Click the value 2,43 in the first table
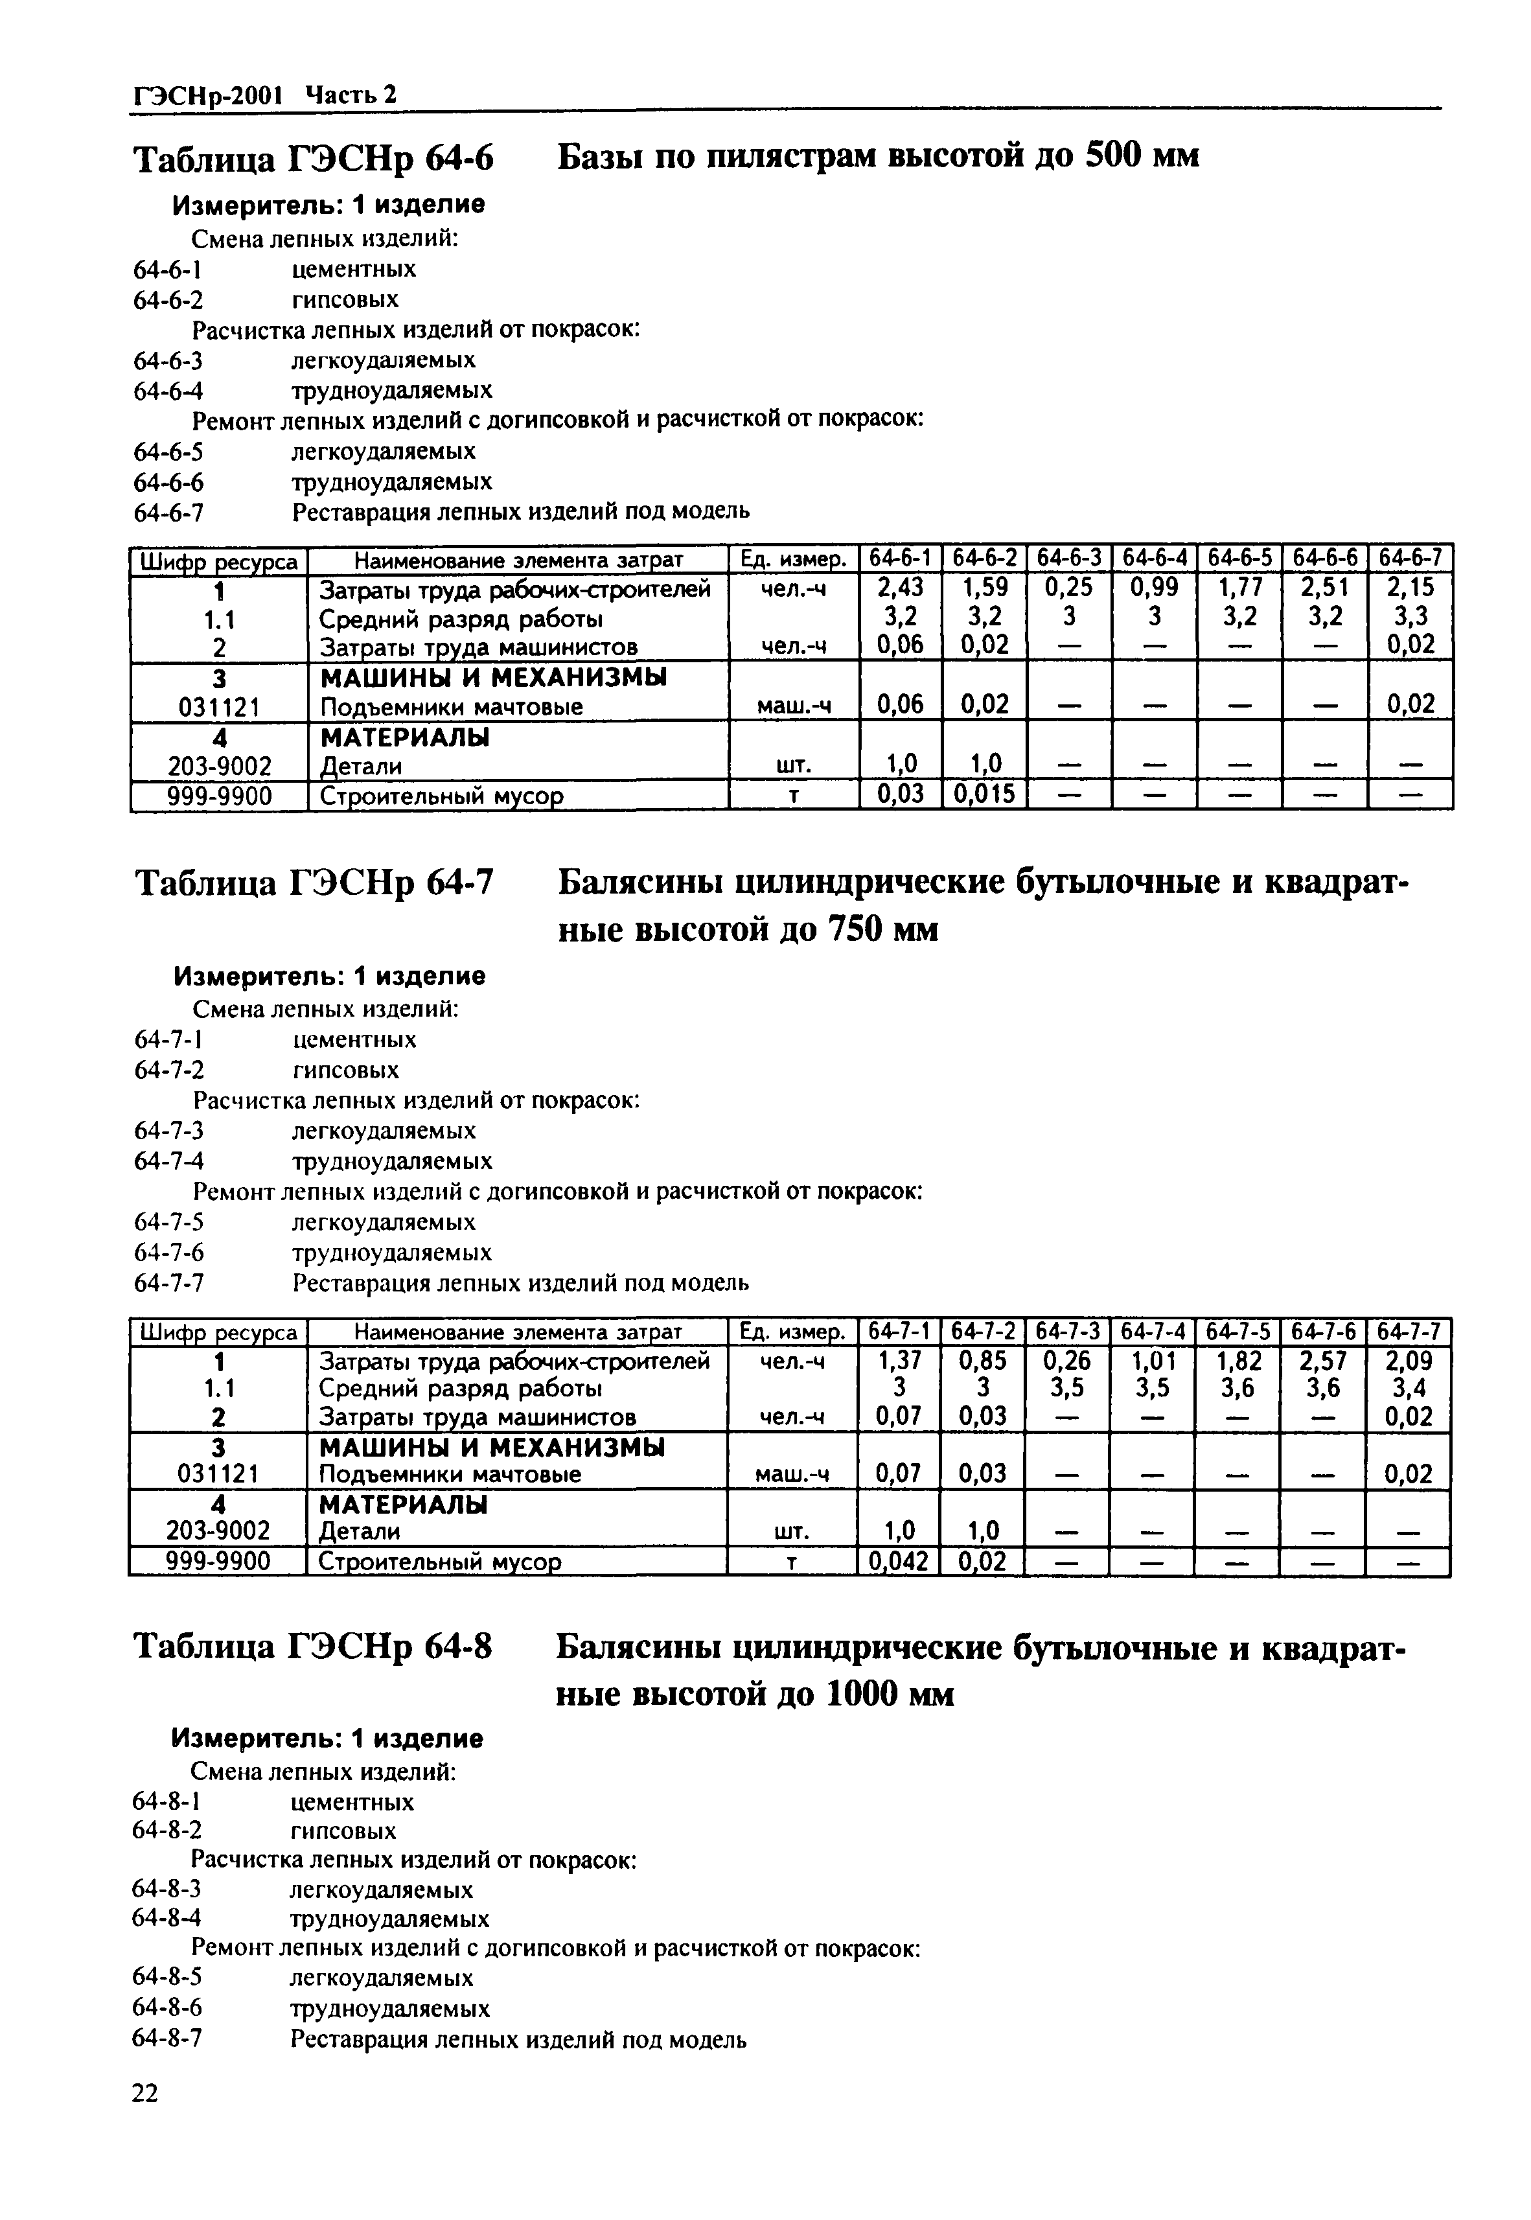coord(900,586)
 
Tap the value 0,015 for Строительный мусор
coord(984,795)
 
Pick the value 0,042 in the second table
coord(899,1562)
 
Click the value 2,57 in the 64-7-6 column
coord(1323,1360)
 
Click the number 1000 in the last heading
coord(862,1695)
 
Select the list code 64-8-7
coord(167,2039)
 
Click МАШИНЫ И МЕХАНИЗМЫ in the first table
coord(493,677)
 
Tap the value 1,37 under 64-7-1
coord(899,1360)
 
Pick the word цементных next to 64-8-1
coord(351,1801)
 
